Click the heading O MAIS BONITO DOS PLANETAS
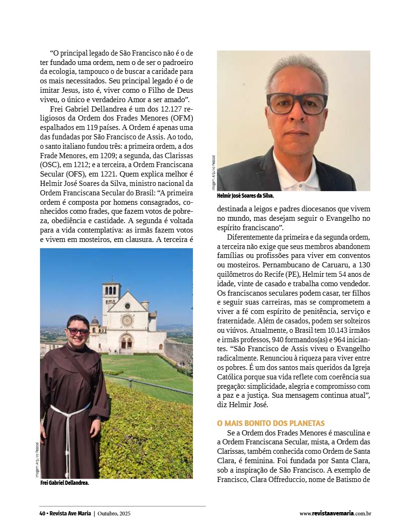pyautogui.click(x=271, y=424)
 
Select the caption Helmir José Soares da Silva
pyautogui.click(x=245, y=195)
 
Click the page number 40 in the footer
pyautogui.click(x=42, y=514)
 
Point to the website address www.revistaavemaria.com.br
pyautogui.click(x=335, y=514)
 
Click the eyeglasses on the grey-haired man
pyautogui.click(x=296, y=103)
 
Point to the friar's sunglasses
pyautogui.click(x=78, y=331)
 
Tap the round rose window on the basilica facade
pyautogui.click(x=127, y=320)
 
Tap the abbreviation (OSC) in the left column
pyautogui.click(x=51, y=165)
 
